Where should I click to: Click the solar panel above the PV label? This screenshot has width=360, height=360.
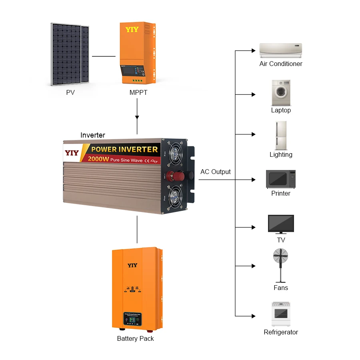[x=70, y=54]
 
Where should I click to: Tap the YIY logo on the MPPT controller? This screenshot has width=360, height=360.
[x=132, y=30]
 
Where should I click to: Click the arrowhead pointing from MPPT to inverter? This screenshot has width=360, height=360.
[x=137, y=118]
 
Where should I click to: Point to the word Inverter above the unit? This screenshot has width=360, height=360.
[x=93, y=135]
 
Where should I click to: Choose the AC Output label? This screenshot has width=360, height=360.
[x=216, y=172]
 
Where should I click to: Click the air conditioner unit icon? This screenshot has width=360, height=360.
[x=280, y=51]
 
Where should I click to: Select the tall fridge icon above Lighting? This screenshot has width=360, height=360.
[x=281, y=135]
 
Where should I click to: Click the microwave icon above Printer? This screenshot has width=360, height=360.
[x=281, y=179]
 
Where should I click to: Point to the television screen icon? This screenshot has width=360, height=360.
[x=281, y=224]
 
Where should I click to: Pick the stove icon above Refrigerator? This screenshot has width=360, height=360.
[x=281, y=314]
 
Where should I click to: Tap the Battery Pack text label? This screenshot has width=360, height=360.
[x=135, y=339]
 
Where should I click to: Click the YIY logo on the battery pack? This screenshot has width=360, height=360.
[x=132, y=265]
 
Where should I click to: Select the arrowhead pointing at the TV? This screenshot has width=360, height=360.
[x=253, y=227]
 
